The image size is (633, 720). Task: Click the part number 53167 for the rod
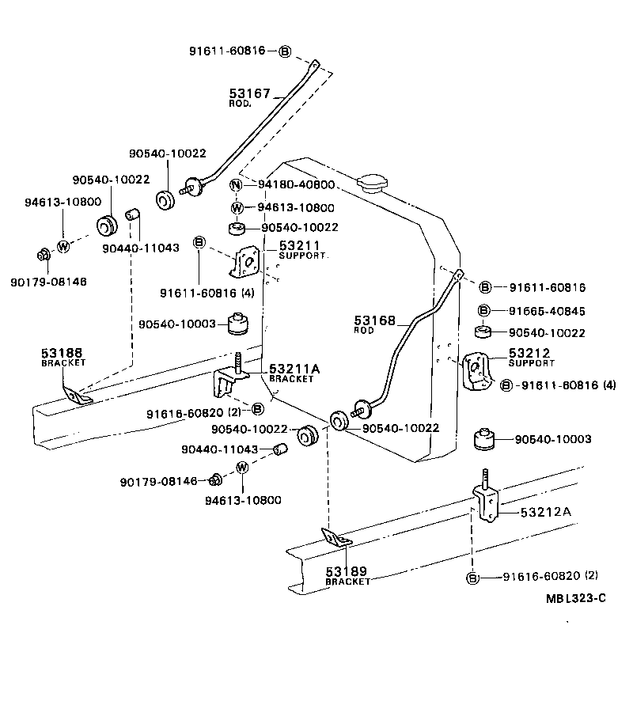click(250, 94)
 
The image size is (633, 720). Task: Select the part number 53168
click(373, 320)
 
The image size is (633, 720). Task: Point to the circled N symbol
click(237, 186)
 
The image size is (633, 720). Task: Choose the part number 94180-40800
click(297, 186)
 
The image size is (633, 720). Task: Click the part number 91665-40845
click(547, 311)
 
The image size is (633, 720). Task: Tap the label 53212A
click(545, 512)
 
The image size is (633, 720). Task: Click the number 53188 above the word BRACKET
click(62, 352)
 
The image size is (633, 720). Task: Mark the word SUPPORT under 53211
click(301, 256)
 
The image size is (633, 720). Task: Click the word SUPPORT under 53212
click(532, 363)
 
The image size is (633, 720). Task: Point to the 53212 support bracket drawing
click(477, 370)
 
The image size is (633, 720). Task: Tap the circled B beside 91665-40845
click(485, 311)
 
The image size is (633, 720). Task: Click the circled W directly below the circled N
click(237, 208)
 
